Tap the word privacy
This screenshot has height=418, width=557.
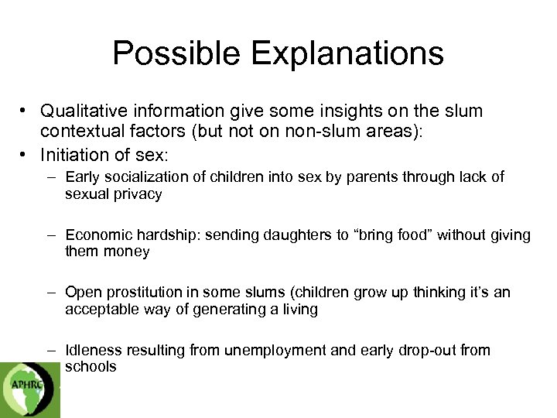coord(136,194)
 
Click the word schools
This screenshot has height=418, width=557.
coord(91,367)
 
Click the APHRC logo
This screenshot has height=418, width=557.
coord(29,388)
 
